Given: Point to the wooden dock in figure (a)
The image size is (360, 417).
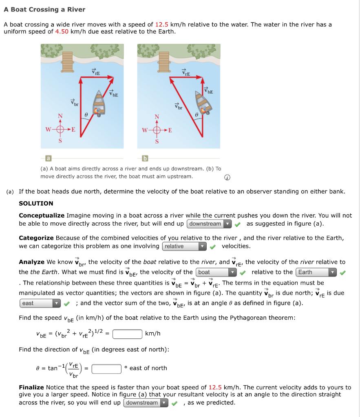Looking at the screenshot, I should [68, 61].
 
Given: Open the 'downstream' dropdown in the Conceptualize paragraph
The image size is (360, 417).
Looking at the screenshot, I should [209, 224].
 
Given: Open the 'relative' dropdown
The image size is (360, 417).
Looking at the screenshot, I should [184, 246].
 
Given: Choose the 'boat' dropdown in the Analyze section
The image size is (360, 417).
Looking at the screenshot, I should [216, 272].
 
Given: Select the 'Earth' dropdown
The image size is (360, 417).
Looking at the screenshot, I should [316, 272].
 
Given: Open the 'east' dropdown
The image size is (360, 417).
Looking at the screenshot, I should [40, 303].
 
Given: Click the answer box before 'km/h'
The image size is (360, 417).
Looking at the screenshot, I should [127, 334].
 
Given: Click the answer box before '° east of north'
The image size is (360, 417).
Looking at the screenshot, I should [106, 368].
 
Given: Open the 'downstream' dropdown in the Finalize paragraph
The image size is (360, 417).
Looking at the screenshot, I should [146, 403].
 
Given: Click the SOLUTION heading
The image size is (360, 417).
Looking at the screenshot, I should [36, 203].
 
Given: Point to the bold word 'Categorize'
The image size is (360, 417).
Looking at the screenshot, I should [36, 238].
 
